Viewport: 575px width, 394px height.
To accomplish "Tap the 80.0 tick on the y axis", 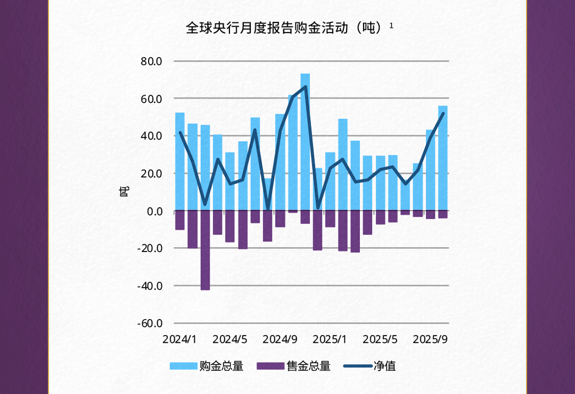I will [x=151, y=61].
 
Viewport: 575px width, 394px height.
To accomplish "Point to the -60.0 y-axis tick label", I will [x=150, y=323].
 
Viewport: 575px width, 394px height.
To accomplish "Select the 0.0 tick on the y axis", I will [x=154, y=211].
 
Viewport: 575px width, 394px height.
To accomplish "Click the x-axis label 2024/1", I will [x=179, y=339].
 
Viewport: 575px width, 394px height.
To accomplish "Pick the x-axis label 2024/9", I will [x=280, y=339].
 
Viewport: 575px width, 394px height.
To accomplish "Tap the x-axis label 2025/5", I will [x=380, y=339].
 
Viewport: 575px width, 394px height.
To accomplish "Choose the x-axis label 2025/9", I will [x=430, y=339].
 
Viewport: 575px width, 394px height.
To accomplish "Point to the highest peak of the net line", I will [x=305, y=87].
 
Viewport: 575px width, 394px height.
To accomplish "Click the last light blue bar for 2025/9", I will [x=443, y=160].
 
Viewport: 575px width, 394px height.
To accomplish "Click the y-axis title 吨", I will [x=124, y=191].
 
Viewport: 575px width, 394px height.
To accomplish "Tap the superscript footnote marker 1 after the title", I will [x=391, y=25].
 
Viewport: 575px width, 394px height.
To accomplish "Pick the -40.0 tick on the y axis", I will [x=150, y=286].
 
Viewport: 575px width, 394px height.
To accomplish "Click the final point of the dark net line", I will [x=443, y=114].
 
